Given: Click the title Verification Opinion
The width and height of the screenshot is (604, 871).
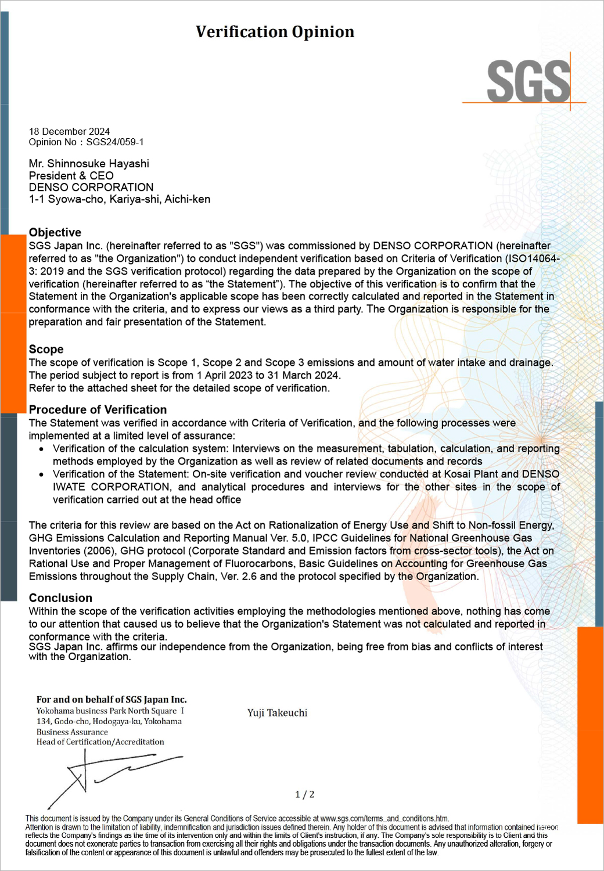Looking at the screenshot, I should click(275, 32).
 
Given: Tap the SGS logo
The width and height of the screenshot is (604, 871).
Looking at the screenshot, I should click(528, 82).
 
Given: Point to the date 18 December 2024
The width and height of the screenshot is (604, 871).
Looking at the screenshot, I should click(69, 132).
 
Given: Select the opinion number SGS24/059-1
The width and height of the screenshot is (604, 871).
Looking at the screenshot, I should click(115, 142).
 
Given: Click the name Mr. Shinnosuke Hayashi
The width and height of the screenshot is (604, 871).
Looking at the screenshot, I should click(89, 164).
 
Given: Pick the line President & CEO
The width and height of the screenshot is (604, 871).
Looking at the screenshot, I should click(71, 175).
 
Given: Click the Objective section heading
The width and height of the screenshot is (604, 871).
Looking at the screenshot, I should click(55, 232).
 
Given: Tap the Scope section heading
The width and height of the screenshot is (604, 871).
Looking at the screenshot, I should click(46, 349).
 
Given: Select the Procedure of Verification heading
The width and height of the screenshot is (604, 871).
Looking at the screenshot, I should click(98, 409).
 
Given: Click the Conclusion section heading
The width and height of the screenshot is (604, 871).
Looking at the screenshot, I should click(60, 598).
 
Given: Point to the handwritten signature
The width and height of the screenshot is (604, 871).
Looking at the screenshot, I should click(110, 775).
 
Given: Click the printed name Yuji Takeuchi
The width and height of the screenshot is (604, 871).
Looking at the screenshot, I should click(277, 712).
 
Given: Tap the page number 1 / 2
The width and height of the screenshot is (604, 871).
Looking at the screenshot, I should click(305, 794).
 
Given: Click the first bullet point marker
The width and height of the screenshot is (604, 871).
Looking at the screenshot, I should click(41, 449).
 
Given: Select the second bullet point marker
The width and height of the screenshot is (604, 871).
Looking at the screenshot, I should click(41, 474).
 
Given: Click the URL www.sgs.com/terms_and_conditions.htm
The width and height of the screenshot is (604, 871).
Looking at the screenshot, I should click(384, 818).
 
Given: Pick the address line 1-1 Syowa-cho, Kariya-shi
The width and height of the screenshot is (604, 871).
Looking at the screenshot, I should click(119, 199).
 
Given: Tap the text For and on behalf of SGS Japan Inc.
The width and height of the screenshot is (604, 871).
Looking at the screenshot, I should click(112, 700).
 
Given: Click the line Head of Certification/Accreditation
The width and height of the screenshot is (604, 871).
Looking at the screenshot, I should click(100, 742).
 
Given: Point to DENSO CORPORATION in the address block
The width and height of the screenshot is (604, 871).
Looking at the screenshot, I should click(91, 187).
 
